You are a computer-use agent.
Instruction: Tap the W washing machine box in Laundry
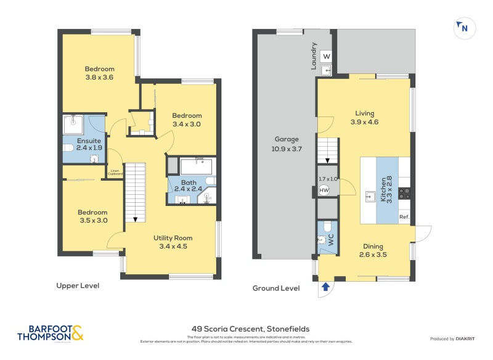tap(327, 57)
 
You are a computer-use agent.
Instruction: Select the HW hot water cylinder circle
tap(324, 190)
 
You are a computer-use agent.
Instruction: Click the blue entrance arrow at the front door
tap(325, 287)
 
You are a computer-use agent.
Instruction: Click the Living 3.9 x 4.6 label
tap(364, 117)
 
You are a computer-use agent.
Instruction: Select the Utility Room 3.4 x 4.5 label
tap(173, 242)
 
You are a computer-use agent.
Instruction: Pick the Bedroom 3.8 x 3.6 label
tap(100, 73)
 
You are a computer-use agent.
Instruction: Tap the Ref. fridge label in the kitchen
tap(404, 218)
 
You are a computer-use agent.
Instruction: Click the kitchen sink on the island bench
tap(371, 197)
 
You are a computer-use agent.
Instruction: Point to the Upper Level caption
tap(78, 285)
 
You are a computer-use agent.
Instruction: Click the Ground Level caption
tap(276, 288)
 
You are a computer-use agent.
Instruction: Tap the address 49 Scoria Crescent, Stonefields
tap(246, 329)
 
